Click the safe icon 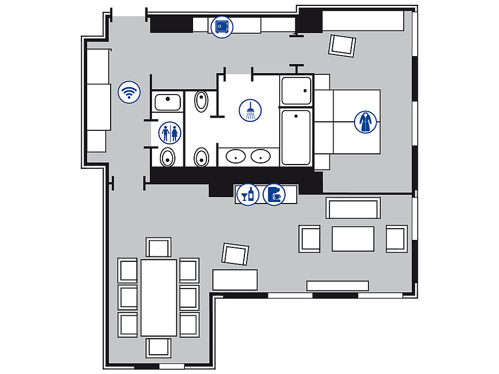coord(221,26)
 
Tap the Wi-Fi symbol coord(128,92)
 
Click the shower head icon coord(250,110)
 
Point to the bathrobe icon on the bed coord(365,122)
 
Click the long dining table coord(159,298)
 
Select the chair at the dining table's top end coord(159,248)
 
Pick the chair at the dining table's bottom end coord(159,347)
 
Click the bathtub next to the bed coord(296,137)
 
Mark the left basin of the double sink coord(235,157)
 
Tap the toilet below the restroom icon coord(168,157)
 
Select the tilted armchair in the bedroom coord(342,45)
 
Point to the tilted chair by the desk coord(235,254)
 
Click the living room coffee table coord(352,239)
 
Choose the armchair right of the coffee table coord(396,239)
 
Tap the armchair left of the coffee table coord(310,239)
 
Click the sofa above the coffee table coord(354,208)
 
